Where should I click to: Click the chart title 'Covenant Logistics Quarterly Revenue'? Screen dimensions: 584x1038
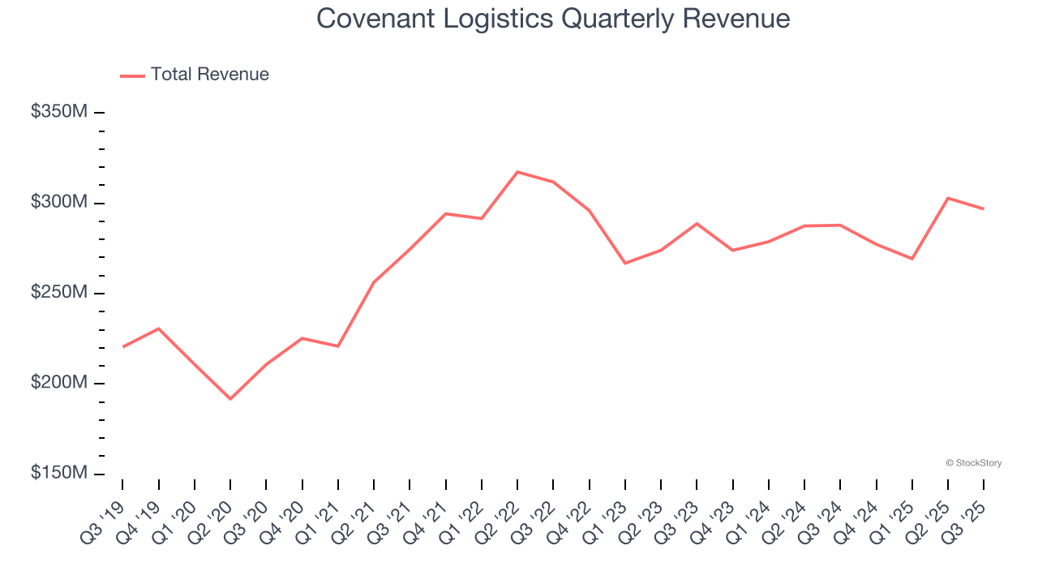pyautogui.click(x=553, y=18)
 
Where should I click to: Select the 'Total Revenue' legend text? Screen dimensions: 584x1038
pyautogui.click(x=209, y=75)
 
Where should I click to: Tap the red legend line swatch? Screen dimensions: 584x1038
pyautogui.click(x=132, y=75)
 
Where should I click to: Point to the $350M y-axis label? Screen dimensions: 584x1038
pyautogui.click(x=58, y=112)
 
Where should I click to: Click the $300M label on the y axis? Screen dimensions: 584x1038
pyautogui.click(x=58, y=202)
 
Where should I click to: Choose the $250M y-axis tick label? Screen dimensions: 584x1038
pyautogui.click(x=58, y=292)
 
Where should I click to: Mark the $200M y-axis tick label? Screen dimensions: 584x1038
pyautogui.click(x=58, y=383)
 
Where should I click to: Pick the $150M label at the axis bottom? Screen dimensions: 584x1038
pyautogui.click(x=58, y=473)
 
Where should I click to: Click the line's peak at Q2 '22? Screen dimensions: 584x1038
pyautogui.click(x=517, y=172)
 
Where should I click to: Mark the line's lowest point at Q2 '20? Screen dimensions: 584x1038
pyautogui.click(x=230, y=399)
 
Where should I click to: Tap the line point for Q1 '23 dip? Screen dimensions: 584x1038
pyautogui.click(x=625, y=263)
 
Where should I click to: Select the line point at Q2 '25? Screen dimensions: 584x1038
pyautogui.click(x=948, y=198)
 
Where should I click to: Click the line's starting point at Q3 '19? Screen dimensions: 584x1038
pyautogui.click(x=122, y=347)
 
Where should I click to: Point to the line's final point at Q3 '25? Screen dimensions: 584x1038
pyautogui.click(x=984, y=209)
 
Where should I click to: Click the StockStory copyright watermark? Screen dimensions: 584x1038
pyautogui.click(x=973, y=463)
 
